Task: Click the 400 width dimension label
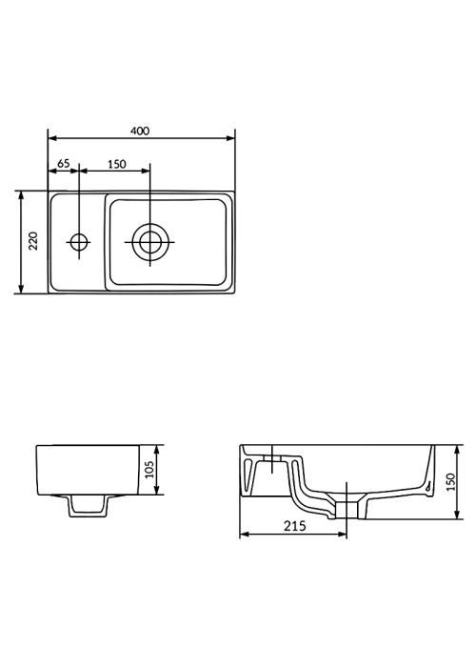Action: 140,131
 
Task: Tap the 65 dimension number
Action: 63,163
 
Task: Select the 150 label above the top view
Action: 116,164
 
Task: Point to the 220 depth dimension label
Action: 33,241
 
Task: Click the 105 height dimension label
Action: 149,469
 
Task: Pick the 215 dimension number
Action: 294,526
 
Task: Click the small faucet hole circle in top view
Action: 79,242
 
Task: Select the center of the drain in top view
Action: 149,242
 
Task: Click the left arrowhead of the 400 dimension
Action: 52,138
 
